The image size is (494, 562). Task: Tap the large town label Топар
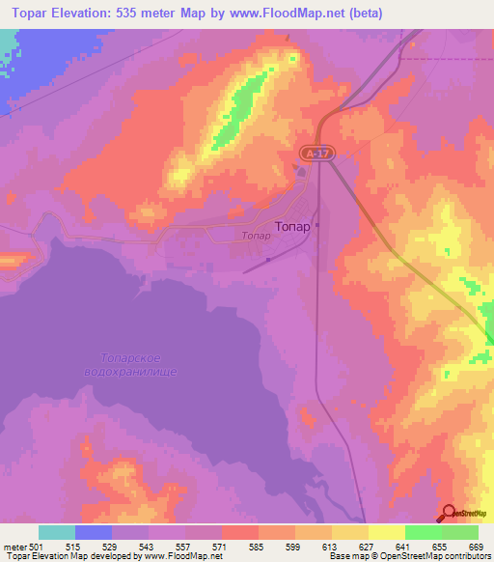click(292, 227)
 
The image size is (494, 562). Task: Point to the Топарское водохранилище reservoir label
click(140, 364)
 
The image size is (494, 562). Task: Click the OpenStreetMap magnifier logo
click(450, 513)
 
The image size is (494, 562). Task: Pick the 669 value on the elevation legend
click(477, 547)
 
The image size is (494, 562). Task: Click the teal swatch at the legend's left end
click(56, 532)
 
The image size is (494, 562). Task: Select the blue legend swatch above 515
click(94, 532)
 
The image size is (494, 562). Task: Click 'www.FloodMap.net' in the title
click(295, 14)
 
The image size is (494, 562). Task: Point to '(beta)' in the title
click(366, 14)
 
